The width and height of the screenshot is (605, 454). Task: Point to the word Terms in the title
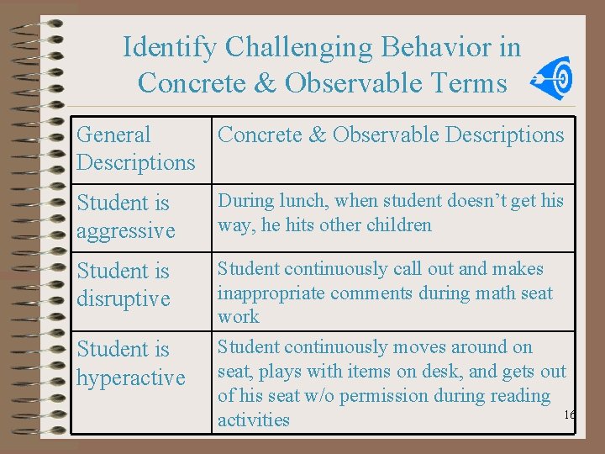476,83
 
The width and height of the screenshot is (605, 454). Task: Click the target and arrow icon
555,79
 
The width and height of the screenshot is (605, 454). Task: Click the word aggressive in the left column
125,231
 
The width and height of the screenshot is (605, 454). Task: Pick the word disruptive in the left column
124,299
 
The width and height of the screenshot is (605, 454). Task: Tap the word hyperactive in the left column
130,377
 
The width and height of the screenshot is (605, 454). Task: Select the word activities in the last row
253,420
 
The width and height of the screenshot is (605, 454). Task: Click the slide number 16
569,415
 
